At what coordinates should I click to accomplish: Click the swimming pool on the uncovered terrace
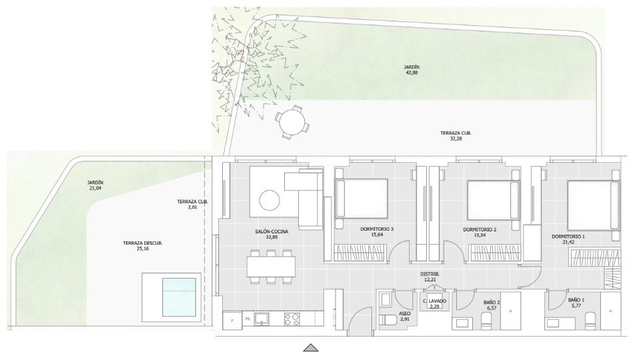(x=179, y=297)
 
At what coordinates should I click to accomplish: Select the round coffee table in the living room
(x=269, y=200)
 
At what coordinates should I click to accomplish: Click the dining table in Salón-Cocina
(x=271, y=267)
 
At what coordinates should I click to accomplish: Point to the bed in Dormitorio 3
(x=362, y=198)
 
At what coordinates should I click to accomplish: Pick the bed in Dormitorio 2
(x=494, y=199)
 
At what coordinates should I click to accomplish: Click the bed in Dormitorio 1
(x=593, y=206)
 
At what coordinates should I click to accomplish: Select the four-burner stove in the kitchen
(x=292, y=319)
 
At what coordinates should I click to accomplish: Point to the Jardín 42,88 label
(x=412, y=70)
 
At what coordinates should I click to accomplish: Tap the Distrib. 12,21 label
(x=430, y=277)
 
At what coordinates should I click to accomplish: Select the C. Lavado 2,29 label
(x=434, y=304)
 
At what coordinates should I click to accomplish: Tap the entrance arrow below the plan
(x=311, y=347)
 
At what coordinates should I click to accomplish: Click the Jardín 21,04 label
(x=95, y=185)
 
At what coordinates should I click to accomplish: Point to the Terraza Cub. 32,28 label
(x=456, y=135)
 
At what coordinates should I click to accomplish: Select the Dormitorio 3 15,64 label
(x=377, y=231)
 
